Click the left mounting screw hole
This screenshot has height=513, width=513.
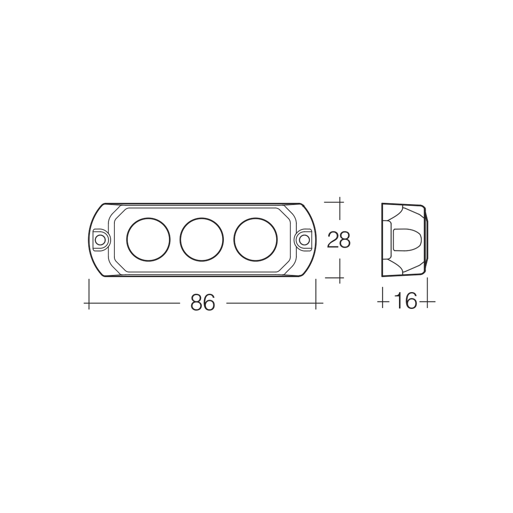point(100,240)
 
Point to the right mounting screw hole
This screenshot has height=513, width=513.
point(305,240)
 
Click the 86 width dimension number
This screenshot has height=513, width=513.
point(202,303)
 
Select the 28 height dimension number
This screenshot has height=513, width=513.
point(339,240)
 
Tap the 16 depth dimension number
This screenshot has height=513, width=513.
point(405,301)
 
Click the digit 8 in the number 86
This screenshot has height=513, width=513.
point(197,303)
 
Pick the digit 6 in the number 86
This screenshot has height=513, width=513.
point(209,303)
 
